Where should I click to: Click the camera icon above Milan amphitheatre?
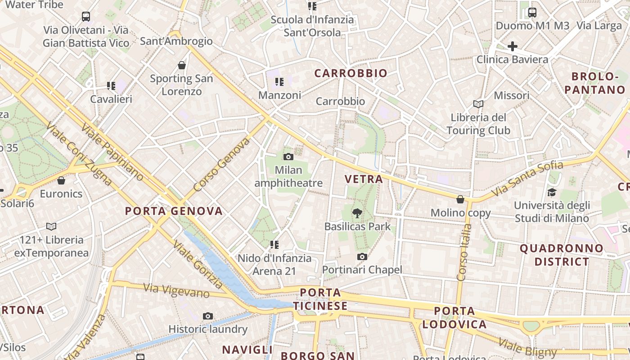(288, 157)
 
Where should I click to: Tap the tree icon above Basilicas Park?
(358, 213)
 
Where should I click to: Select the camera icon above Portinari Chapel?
(362, 256)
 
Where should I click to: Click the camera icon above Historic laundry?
(207, 316)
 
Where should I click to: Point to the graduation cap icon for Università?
(552, 193)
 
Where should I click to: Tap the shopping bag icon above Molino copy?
(460, 199)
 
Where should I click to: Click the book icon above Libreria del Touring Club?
(478, 104)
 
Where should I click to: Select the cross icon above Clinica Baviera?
(512, 46)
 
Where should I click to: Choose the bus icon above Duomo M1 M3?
(532, 12)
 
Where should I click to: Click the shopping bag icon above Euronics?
(61, 180)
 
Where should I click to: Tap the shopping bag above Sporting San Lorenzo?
(181, 65)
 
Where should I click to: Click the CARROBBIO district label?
(351, 73)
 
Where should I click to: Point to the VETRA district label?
(364, 179)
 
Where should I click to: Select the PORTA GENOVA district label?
(174, 211)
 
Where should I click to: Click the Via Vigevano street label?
(176, 290)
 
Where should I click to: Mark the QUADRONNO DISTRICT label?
(561, 255)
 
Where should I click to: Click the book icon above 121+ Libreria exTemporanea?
(51, 226)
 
